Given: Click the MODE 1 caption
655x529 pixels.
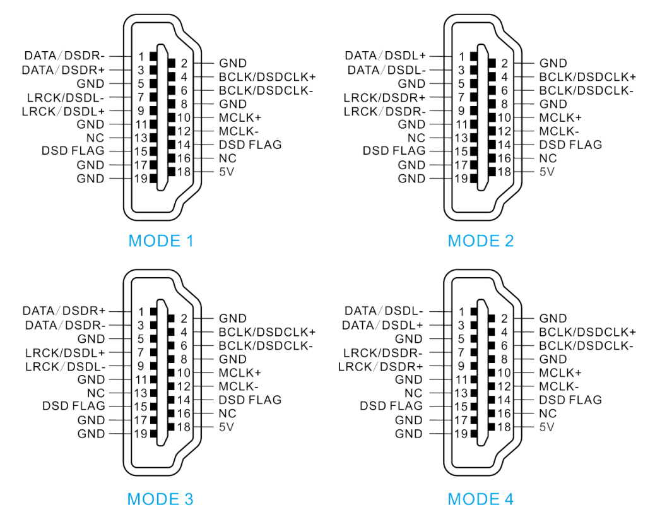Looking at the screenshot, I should click(x=161, y=241).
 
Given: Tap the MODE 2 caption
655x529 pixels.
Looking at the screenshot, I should click(x=481, y=241).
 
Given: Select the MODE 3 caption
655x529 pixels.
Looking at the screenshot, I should click(x=160, y=499).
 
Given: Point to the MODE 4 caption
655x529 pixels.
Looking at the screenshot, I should click(x=481, y=499).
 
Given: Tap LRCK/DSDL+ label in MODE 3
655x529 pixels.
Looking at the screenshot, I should click(x=66, y=352).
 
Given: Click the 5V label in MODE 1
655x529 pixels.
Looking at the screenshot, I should click(x=227, y=172).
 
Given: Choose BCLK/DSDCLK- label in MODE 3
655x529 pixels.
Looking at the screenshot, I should click(x=266, y=345).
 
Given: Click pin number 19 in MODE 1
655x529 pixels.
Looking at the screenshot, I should click(x=141, y=179).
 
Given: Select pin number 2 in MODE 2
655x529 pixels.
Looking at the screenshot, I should click(x=504, y=63).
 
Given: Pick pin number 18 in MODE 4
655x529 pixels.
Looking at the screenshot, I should click(x=504, y=427).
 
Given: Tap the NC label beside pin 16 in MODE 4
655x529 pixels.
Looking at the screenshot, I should click(x=546, y=413).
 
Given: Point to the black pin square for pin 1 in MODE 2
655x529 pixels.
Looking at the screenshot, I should click(x=473, y=56).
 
